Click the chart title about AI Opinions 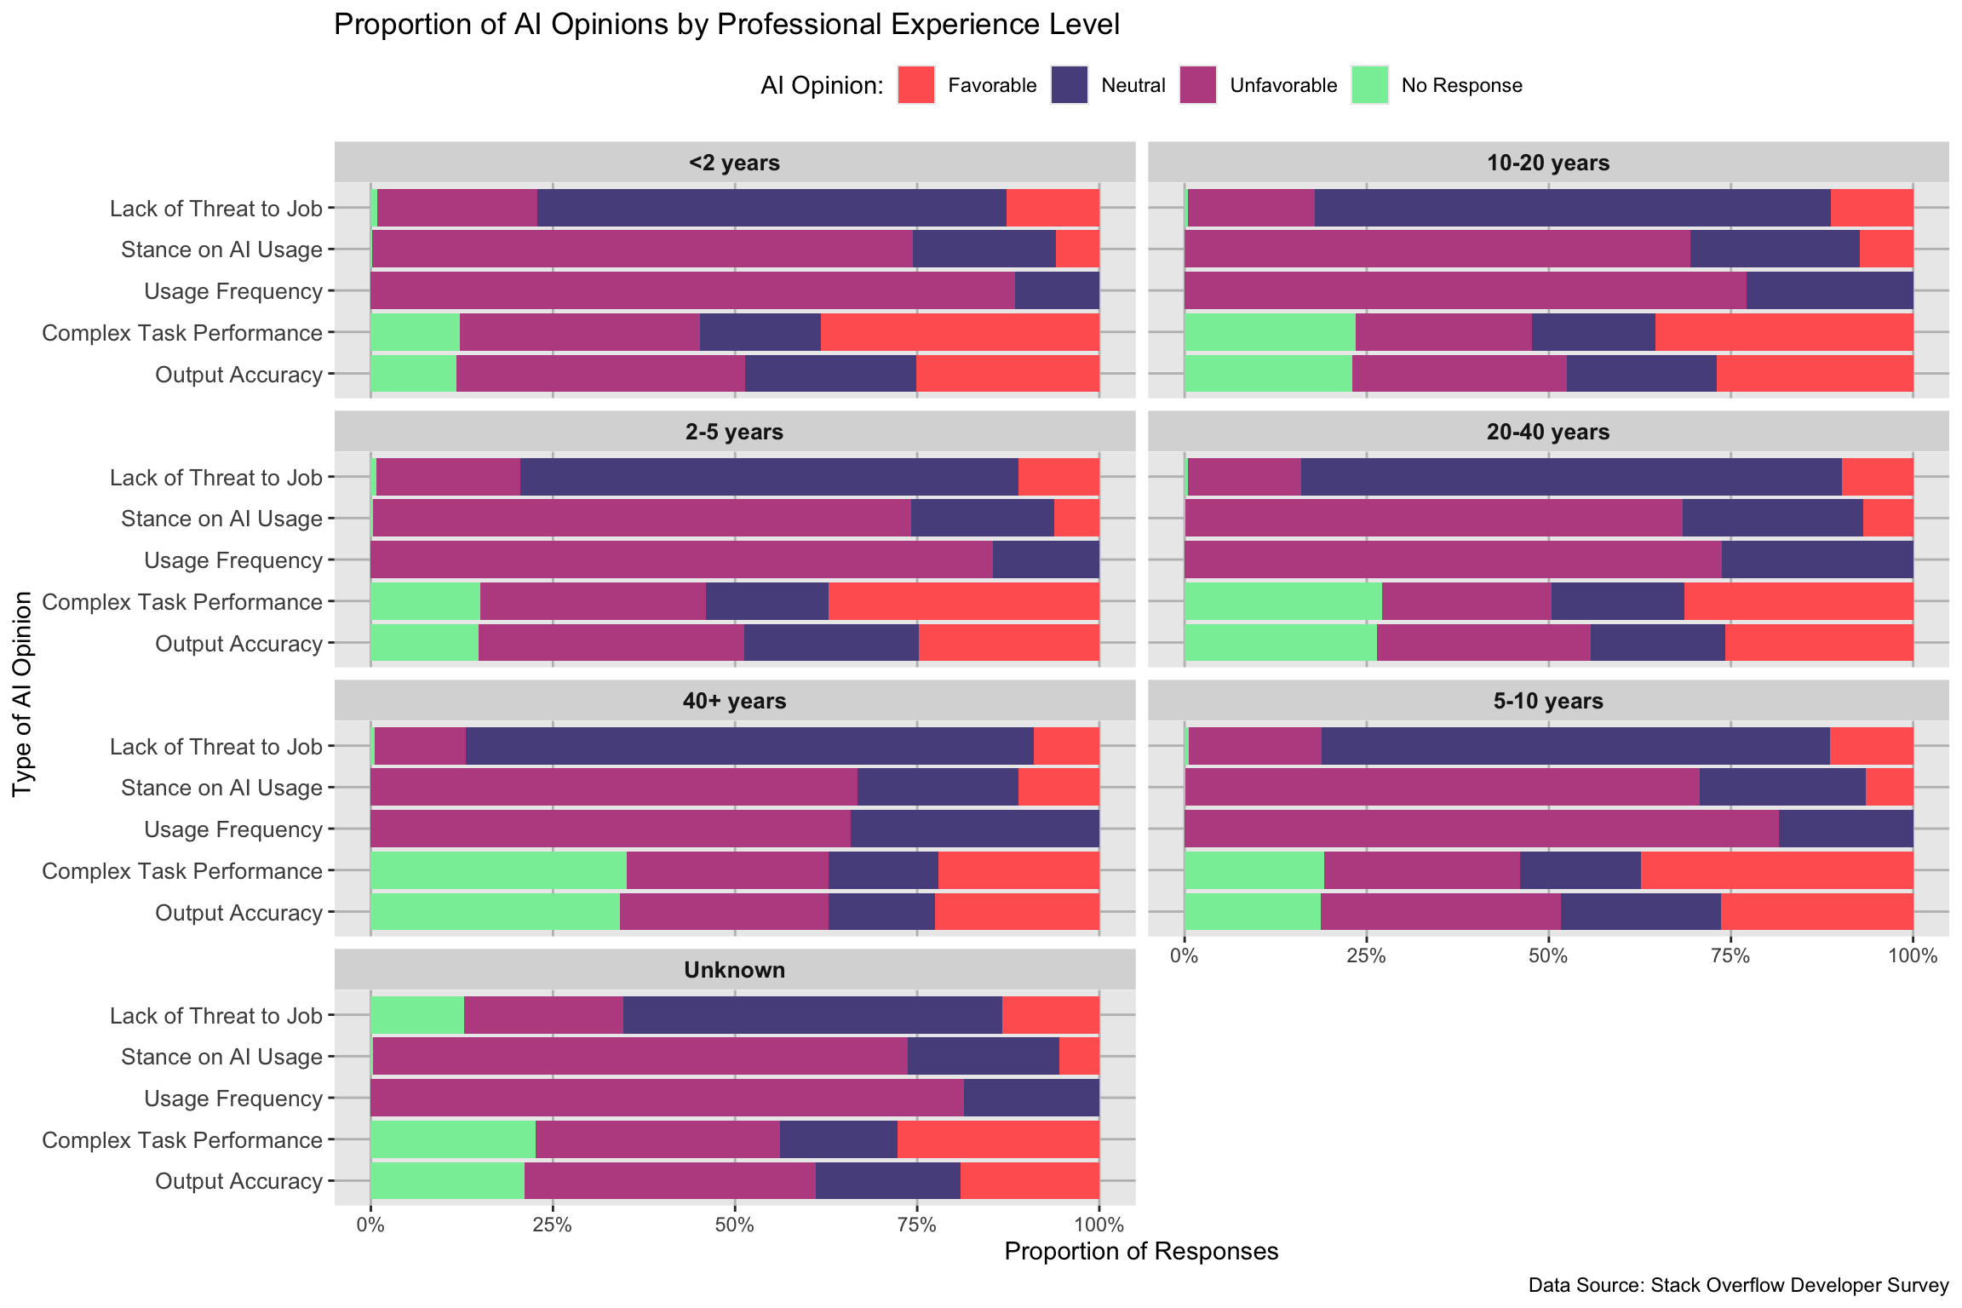(x=726, y=25)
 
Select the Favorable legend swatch (x=916, y=85)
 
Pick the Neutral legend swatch (x=1070, y=85)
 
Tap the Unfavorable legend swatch (x=1198, y=85)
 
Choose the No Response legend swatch (x=1369, y=85)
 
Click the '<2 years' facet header (x=734, y=163)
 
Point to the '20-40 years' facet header (x=1547, y=432)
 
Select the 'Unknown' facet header (x=734, y=970)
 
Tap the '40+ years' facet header (x=734, y=701)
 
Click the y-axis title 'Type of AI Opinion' (x=23, y=694)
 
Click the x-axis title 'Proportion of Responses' (x=1141, y=1251)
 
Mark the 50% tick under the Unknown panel (x=734, y=1225)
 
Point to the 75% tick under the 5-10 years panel (x=1730, y=956)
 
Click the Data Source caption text (x=1738, y=1285)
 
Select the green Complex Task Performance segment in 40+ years (x=498, y=871)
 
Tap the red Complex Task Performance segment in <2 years (x=960, y=332)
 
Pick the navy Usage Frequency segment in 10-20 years (x=1829, y=291)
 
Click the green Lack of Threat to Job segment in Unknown (x=417, y=1015)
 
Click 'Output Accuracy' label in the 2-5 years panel (x=238, y=644)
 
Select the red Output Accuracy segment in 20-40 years (x=1819, y=642)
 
